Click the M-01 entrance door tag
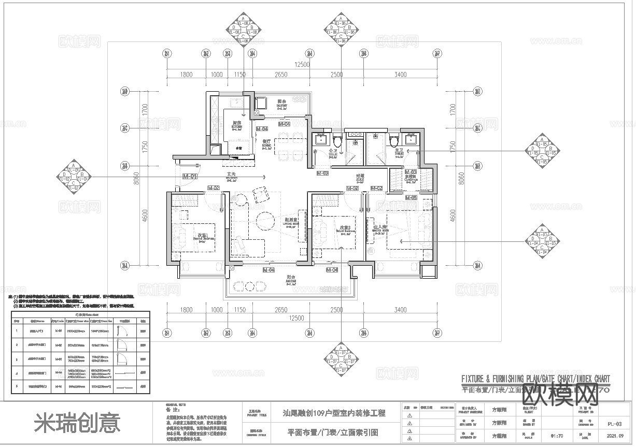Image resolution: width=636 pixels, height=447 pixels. (x=190, y=176)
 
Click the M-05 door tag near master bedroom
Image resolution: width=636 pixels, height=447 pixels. (x=411, y=198)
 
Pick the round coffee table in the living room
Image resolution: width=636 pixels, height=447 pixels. (x=267, y=220)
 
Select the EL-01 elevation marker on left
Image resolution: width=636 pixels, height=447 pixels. (x=73, y=177)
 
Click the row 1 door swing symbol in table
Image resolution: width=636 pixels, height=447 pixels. (x=124, y=330)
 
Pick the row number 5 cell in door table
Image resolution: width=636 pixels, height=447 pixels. (x=17, y=386)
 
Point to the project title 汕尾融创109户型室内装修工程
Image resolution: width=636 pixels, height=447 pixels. (x=334, y=413)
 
